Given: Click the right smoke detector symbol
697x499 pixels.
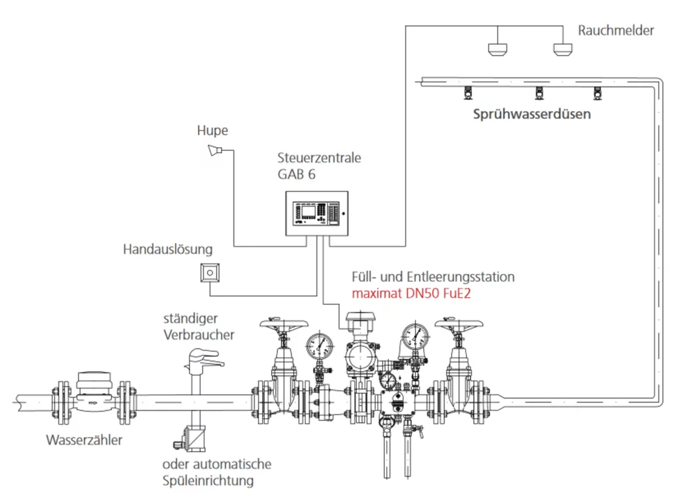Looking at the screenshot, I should pyautogui.click(x=562, y=48).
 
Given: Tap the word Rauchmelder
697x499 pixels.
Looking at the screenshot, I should pyautogui.click(x=616, y=31).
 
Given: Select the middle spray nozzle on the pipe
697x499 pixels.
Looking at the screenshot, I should pyautogui.click(x=538, y=93).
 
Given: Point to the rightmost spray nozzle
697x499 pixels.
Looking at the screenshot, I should pyautogui.click(x=596, y=93).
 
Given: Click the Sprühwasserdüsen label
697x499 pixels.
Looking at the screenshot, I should pyautogui.click(x=532, y=114).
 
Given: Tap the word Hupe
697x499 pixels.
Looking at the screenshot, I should pyautogui.click(x=213, y=131).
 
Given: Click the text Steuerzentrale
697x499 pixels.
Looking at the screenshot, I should pyautogui.click(x=319, y=158).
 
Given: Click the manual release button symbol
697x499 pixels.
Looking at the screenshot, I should pyautogui.click(x=210, y=272).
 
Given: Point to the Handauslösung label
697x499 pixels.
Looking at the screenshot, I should pyautogui.click(x=168, y=249).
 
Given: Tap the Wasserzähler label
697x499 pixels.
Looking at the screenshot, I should pyautogui.click(x=84, y=440).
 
